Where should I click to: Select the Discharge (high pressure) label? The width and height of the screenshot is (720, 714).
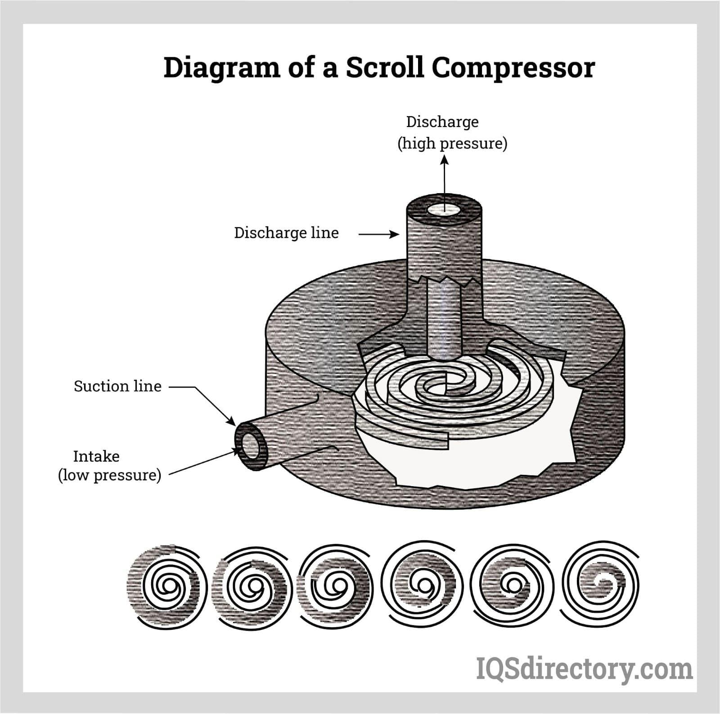point(452,133)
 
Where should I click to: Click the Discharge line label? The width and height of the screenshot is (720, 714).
point(286,233)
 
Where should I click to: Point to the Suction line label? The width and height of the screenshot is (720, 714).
point(117,386)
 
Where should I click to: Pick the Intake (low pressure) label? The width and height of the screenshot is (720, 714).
point(109,465)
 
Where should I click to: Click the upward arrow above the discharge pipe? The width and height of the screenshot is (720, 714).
point(445,180)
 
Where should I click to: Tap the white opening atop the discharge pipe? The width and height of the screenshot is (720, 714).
point(444,209)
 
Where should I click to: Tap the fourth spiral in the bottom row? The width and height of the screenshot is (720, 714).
point(423,585)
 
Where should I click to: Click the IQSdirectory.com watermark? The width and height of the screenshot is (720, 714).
point(584,669)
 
